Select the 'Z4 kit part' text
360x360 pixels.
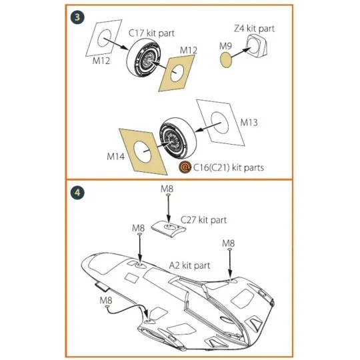click(x=254, y=29)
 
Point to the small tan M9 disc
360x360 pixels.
click(x=228, y=59)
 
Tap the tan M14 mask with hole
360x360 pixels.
click(x=141, y=151)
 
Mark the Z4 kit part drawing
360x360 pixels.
click(x=255, y=50)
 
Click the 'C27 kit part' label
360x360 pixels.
click(x=204, y=219)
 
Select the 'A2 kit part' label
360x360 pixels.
click(x=189, y=265)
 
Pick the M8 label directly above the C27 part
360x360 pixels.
click(x=167, y=189)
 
